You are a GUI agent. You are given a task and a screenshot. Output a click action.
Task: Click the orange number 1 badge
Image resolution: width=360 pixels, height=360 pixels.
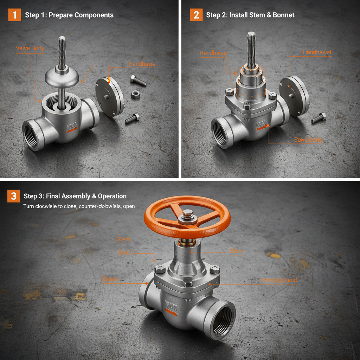click(14, 15)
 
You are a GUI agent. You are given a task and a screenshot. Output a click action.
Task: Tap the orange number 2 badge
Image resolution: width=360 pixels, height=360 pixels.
click(196, 15)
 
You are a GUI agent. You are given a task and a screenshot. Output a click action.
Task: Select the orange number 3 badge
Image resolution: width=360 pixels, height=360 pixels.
click(14, 196)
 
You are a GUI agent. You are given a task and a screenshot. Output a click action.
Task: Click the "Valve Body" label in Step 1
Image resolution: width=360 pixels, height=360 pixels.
click(30, 48)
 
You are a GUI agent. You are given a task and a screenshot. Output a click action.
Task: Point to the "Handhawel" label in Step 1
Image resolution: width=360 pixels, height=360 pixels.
click(142, 64)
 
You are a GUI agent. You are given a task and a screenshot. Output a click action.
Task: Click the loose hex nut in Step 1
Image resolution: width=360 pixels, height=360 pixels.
click(135, 94)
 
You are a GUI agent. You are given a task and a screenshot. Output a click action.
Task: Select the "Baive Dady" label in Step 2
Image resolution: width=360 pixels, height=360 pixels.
click(308, 140)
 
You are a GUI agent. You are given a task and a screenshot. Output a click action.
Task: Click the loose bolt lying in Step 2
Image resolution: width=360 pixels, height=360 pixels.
click(319, 118)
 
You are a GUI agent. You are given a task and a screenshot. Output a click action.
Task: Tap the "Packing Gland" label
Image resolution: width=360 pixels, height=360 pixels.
click(279, 280)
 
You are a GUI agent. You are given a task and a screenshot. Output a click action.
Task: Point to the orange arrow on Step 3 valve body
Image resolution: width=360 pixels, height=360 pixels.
click(171, 313)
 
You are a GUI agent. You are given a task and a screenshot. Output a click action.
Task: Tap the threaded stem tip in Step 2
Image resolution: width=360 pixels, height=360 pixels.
click(251, 35)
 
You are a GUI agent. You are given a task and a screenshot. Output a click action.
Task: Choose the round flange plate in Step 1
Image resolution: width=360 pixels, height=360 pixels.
click(110, 97)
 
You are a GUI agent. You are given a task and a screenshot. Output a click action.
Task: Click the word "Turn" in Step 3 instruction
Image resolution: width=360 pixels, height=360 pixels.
click(28, 206)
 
